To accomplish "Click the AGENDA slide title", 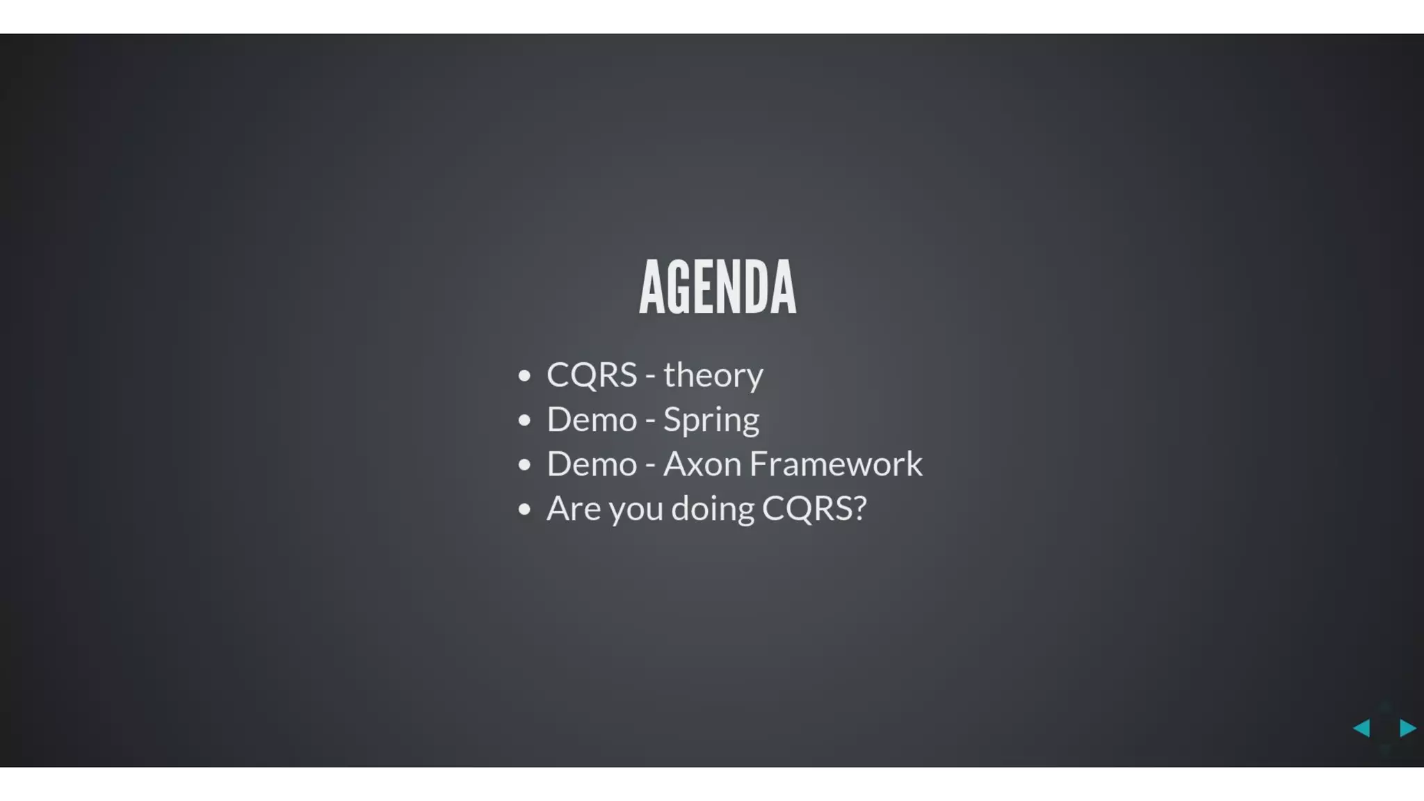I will [x=718, y=286].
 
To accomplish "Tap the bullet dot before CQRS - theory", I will [x=524, y=376].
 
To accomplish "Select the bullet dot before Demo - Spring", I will [x=524, y=421].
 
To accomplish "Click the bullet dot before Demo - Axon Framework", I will [x=524, y=465].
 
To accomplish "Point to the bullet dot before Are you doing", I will [x=524, y=510].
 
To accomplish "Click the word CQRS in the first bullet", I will [x=592, y=375].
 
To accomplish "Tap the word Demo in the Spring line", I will [x=592, y=420].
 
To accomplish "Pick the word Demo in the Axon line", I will [x=592, y=464].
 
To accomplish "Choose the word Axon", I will [x=702, y=464].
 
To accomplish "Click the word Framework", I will [x=836, y=464].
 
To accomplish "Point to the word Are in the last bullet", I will [x=573, y=509].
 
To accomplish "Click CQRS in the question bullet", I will [x=807, y=509].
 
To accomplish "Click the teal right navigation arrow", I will [x=1407, y=728].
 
